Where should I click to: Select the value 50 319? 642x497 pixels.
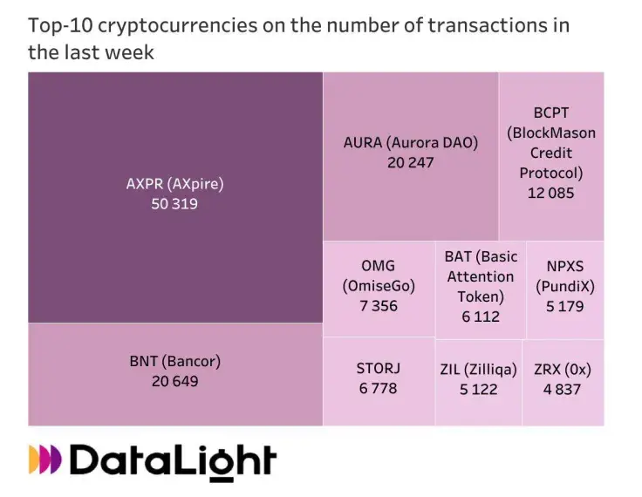point(174,204)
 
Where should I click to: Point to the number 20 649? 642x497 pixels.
point(174,381)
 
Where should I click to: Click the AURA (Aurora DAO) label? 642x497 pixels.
point(411,143)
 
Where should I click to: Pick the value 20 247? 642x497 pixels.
point(411,162)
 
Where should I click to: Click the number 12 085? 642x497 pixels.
point(551,193)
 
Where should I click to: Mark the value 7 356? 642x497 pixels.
point(378,305)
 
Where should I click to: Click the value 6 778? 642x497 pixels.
point(378,389)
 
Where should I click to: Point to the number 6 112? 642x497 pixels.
point(481,317)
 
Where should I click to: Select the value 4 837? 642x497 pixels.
point(562,389)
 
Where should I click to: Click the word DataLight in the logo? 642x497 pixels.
point(172,460)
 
